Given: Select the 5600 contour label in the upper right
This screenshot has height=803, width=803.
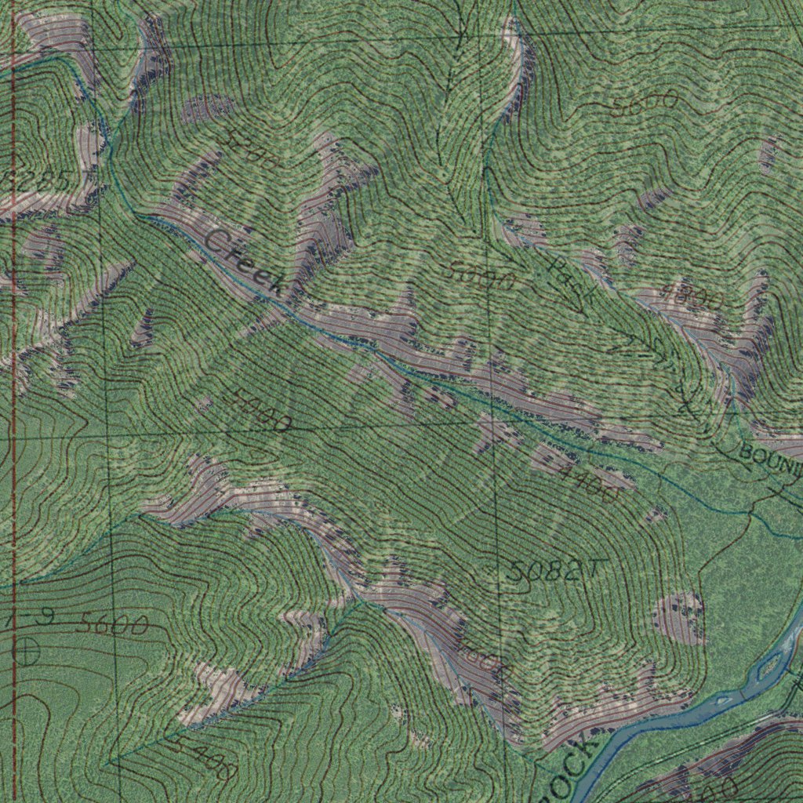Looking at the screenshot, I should coord(645,104).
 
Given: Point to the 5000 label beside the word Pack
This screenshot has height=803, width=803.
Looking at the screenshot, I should coord(482,276).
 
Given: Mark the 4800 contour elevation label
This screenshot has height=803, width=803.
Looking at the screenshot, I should coord(690,299).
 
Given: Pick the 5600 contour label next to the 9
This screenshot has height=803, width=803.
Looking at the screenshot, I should coord(112,624).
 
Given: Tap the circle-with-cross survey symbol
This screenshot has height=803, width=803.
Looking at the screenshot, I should coord(27,649).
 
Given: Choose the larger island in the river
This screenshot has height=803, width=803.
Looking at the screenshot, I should coord(769,665).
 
